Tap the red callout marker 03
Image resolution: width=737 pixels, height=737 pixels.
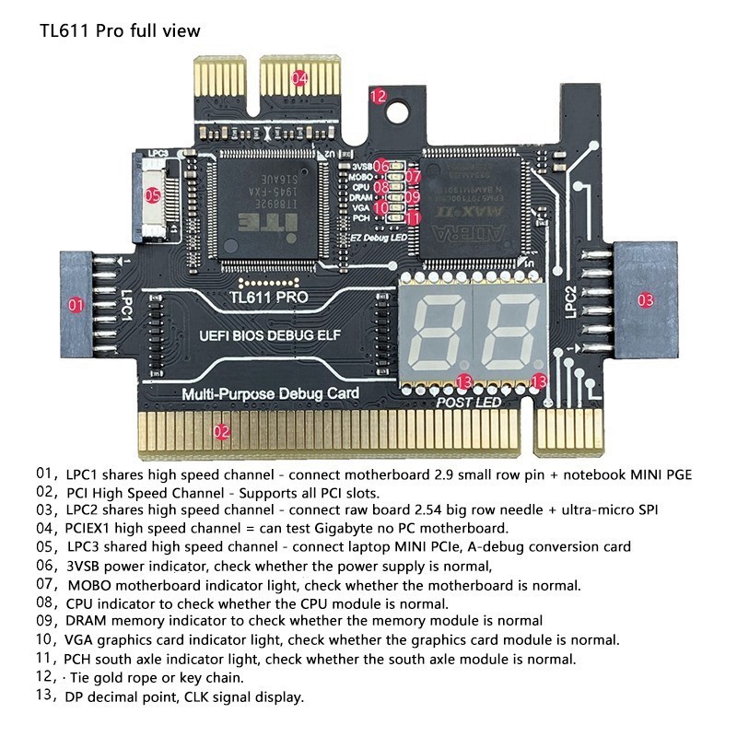click(x=645, y=299)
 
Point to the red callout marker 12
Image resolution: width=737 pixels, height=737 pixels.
click(x=378, y=95)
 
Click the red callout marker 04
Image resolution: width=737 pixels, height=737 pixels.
click(x=299, y=78)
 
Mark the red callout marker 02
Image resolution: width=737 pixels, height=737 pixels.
click(x=221, y=430)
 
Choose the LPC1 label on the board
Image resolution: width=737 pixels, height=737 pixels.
click(x=127, y=306)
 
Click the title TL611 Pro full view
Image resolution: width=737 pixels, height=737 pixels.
click(x=120, y=30)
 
